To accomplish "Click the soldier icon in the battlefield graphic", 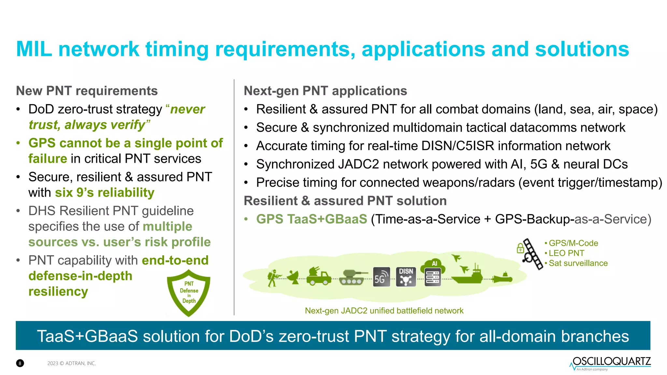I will coord(273,278).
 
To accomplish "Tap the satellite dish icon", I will coord(295,277).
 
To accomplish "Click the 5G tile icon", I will coord(381,277).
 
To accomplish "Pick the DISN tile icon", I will coord(406,277).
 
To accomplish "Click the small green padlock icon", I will coord(520,249).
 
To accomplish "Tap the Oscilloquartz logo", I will coord(610,363).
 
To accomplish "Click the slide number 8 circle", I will coord(20,363).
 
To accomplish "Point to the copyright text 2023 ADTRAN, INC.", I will coord(72,363).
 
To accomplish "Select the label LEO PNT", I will coord(566,253).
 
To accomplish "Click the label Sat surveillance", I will coord(578,263).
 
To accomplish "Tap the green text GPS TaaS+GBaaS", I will coord(312,219).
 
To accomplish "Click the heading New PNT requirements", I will coord(87,91).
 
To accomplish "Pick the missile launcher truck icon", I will coord(318,276).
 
